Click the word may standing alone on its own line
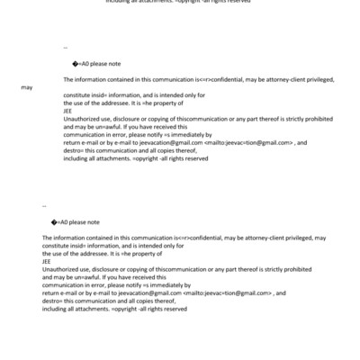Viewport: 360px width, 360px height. point(27,88)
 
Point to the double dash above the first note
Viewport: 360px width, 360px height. point(66,48)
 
